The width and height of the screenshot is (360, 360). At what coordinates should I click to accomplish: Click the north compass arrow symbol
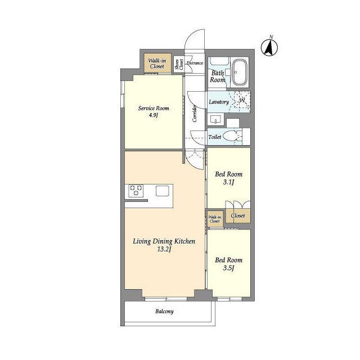(x=269, y=47)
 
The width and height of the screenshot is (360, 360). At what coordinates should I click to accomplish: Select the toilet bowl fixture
(x=231, y=136)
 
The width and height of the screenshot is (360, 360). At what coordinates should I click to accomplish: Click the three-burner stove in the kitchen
(x=136, y=191)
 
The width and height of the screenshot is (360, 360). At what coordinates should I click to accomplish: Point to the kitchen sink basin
(x=163, y=191)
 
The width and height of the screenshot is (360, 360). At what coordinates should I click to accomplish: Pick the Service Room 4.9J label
(x=154, y=111)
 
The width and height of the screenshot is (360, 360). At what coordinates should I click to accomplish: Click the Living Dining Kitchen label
(x=164, y=245)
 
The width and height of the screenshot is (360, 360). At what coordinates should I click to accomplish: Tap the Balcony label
(x=164, y=311)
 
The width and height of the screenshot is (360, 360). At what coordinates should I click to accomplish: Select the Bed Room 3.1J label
(x=229, y=178)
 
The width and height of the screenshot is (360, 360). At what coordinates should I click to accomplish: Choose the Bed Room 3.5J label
(x=229, y=264)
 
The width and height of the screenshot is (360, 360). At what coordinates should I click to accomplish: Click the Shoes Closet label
(x=179, y=65)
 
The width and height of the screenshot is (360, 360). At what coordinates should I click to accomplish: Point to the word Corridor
(x=194, y=113)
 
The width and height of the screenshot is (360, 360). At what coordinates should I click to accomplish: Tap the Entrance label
(x=195, y=63)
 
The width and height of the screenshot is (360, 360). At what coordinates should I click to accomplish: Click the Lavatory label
(x=219, y=101)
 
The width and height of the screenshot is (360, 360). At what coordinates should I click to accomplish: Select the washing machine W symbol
(x=242, y=100)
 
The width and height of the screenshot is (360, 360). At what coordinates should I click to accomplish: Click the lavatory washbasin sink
(x=215, y=119)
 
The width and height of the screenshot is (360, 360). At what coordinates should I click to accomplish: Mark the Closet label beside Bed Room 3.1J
(x=238, y=215)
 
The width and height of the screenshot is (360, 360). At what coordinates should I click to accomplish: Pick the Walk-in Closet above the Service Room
(x=157, y=64)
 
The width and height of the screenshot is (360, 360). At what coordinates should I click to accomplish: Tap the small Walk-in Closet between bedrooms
(x=214, y=219)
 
